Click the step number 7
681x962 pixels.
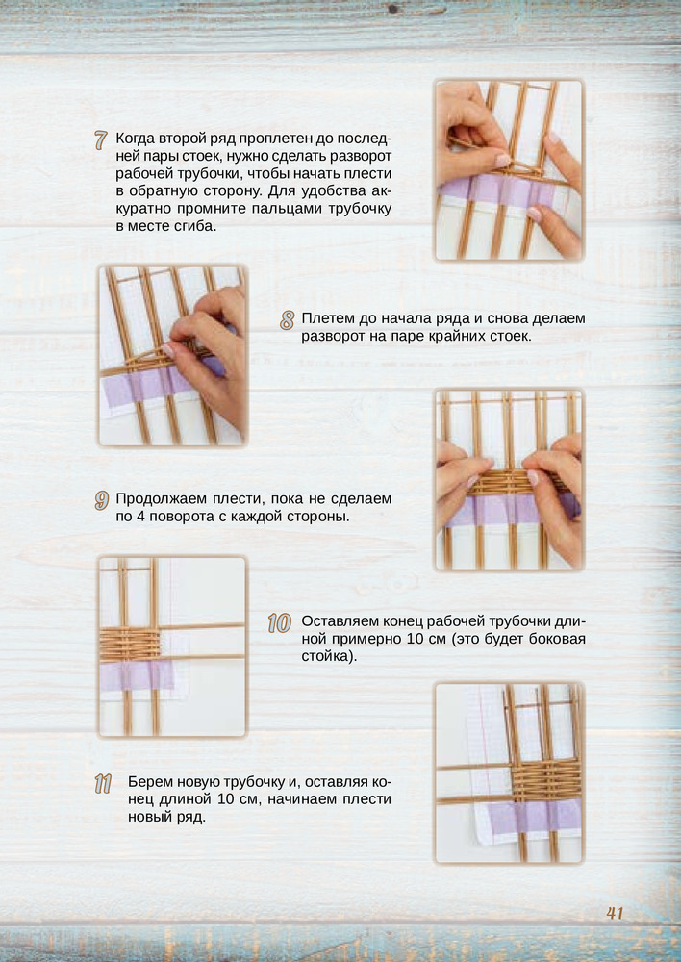pyautogui.click(x=101, y=140)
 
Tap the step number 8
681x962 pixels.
pyautogui.click(x=288, y=320)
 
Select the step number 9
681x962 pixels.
pyautogui.click(x=102, y=500)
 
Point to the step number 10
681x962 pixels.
pyautogui.click(x=279, y=623)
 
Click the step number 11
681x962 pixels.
pyautogui.click(x=103, y=784)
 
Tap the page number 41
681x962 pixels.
pyautogui.click(x=615, y=913)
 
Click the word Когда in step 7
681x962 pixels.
pyautogui.click(x=135, y=139)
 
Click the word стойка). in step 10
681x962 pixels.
pyautogui.click(x=329, y=657)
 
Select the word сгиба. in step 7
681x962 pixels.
pyautogui.click(x=197, y=226)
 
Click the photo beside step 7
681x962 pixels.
pyautogui.click(x=509, y=170)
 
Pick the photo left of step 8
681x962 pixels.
pyautogui.click(x=172, y=356)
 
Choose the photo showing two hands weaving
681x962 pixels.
pyautogui.click(x=509, y=480)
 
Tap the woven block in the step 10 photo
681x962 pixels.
pyautogui.click(x=130, y=645)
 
